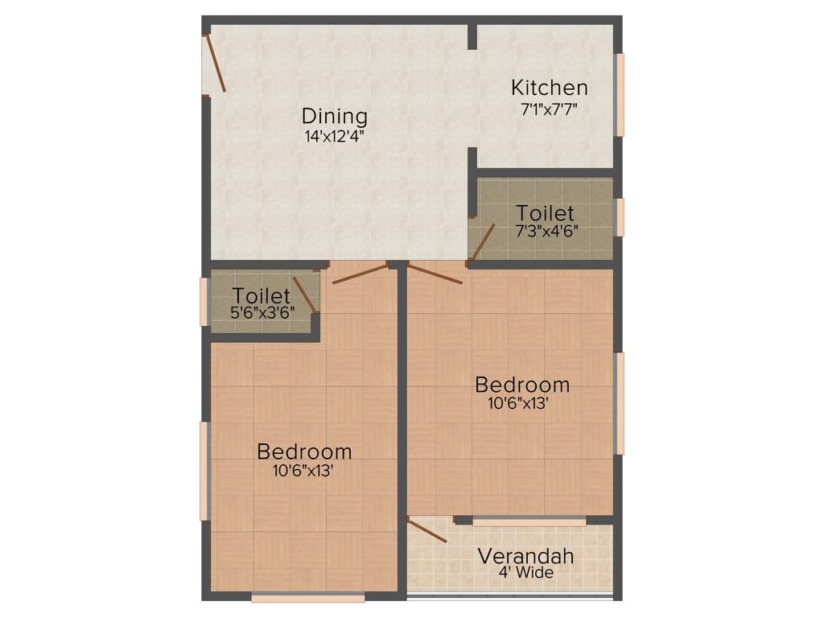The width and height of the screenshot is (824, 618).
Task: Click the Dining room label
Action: point(335,117)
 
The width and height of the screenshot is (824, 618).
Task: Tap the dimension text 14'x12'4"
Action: point(335,136)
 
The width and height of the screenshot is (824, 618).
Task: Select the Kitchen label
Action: point(550,87)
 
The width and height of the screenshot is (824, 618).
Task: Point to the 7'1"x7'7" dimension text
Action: point(550,106)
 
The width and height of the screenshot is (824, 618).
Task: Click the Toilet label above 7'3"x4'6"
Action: point(545,213)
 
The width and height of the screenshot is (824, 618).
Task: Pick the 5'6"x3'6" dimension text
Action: point(262,312)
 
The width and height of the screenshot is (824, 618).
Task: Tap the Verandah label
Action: point(525,556)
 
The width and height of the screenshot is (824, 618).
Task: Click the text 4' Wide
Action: point(525,573)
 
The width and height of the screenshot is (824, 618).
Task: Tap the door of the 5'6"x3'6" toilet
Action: point(305,294)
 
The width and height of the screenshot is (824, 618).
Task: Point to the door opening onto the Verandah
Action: point(427,531)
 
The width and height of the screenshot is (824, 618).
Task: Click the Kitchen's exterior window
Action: point(620,94)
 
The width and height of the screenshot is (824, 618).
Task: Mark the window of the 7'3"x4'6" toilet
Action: point(620,216)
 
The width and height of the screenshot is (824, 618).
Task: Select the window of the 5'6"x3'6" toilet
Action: point(204,302)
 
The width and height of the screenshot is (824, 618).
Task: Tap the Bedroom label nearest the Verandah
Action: point(522,384)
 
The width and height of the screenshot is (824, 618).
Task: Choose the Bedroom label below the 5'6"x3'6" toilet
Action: point(304,451)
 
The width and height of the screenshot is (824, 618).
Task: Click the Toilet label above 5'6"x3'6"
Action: point(262,295)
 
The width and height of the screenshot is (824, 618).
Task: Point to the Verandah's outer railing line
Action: point(510,597)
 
